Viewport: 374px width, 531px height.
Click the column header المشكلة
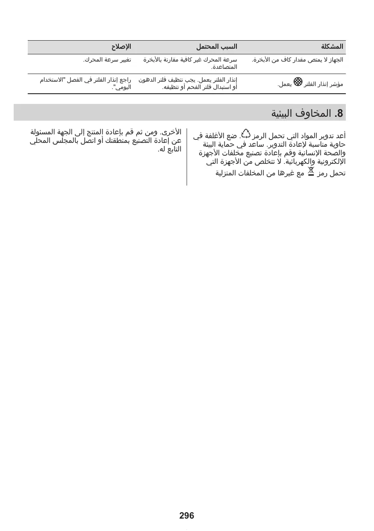pos(333,46)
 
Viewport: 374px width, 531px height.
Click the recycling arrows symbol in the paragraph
pos(245,135)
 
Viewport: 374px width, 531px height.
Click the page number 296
pos(187,516)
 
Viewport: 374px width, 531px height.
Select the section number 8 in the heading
pos(340,113)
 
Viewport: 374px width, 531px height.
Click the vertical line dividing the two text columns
pos(187,156)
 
